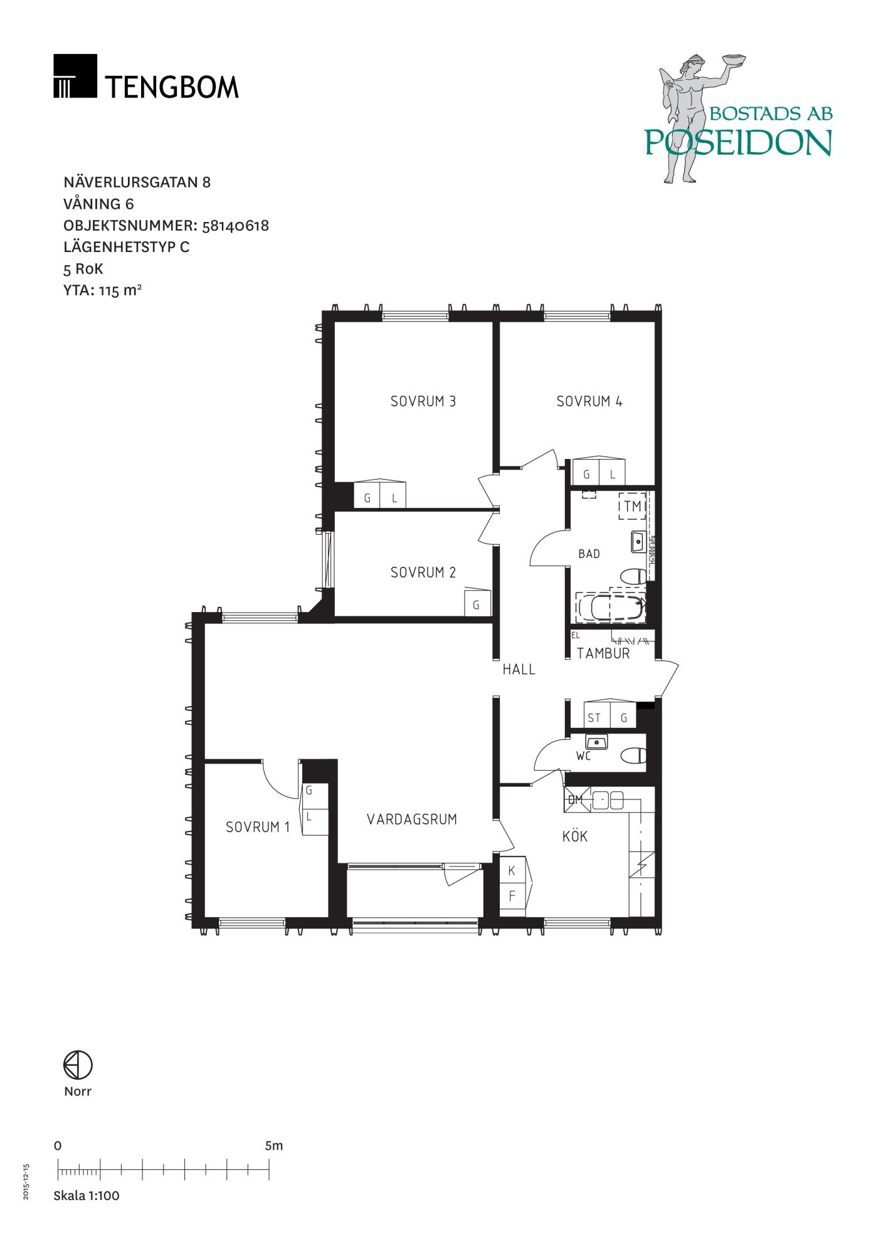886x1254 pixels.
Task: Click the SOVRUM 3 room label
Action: (423, 401)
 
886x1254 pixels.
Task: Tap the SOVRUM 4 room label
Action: (589, 401)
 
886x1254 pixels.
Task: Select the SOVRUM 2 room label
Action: (423, 572)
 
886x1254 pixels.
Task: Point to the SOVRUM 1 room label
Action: (258, 827)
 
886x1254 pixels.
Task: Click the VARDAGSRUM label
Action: (412, 819)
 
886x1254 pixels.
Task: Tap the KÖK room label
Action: (575, 836)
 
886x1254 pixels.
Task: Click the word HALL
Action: (519, 670)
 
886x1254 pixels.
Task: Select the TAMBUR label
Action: (603, 653)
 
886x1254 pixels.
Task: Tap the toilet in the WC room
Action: (633, 755)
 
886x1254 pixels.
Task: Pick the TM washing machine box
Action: (633, 506)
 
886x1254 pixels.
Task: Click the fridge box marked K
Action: (512, 870)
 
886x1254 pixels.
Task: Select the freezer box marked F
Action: (512, 897)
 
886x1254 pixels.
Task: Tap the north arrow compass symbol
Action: (78, 1065)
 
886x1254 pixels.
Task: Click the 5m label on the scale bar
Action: (274, 1146)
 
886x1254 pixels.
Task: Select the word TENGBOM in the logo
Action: (172, 87)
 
